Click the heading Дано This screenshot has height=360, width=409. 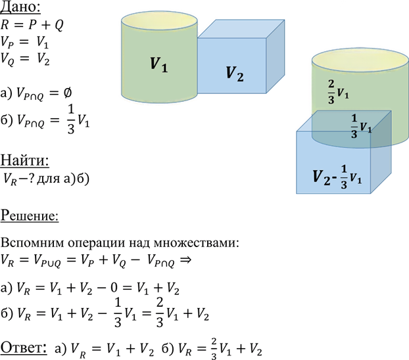20,7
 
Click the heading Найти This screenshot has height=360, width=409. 25,160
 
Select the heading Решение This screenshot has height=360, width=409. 30,216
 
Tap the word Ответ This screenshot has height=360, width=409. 24,348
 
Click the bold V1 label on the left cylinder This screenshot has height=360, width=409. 158,64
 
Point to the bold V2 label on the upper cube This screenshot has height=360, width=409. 235,74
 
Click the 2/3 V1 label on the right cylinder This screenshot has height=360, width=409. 338,92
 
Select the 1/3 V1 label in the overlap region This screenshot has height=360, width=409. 361,126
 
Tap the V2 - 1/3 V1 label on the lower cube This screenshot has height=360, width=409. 337,177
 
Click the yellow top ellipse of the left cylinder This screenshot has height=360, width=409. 159,20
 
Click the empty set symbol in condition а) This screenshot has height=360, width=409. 67,93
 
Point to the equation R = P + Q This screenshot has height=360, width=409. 32,25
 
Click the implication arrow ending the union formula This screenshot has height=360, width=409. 185,259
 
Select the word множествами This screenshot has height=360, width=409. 196,243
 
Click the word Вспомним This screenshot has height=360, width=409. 32,243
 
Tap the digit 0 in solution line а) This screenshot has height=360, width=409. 114,288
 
